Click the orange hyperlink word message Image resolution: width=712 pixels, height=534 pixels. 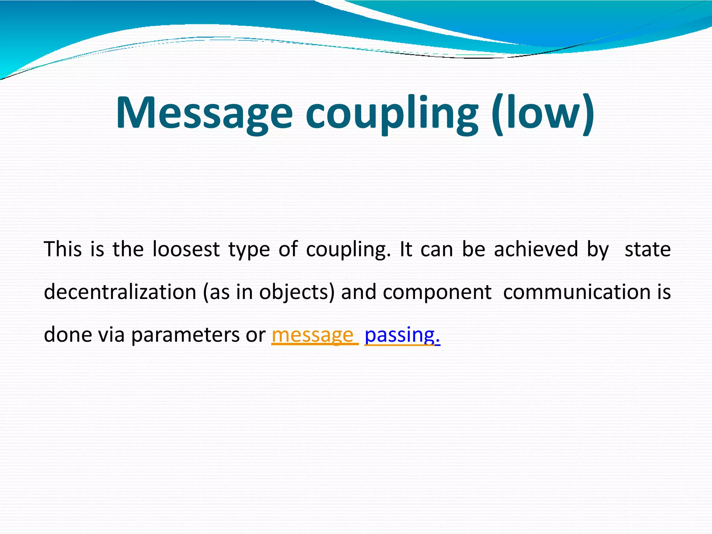313,335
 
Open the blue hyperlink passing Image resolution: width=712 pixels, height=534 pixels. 400,335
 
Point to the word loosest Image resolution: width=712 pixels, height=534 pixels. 186,249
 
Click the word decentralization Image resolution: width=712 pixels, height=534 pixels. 120,292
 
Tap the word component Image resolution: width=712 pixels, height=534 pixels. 437,292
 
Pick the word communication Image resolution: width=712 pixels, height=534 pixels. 577,292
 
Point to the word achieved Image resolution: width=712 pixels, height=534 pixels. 536,249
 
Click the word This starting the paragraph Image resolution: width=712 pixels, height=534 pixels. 63,249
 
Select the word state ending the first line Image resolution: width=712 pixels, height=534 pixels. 648,249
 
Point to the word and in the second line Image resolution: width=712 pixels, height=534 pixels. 358,292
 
